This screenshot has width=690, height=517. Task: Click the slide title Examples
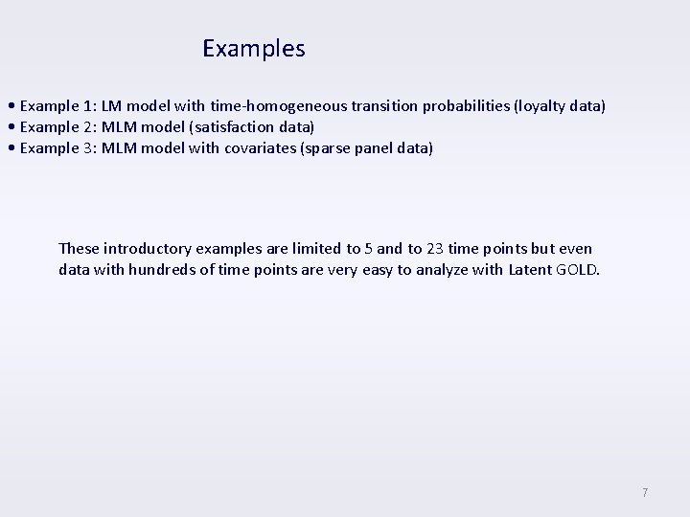[254, 48]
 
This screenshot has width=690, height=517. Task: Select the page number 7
[645, 493]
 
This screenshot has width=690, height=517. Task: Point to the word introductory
[146, 249]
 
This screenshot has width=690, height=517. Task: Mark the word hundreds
[170, 269]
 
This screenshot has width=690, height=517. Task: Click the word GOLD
[577, 269]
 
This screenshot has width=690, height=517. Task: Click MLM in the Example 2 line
[119, 126]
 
